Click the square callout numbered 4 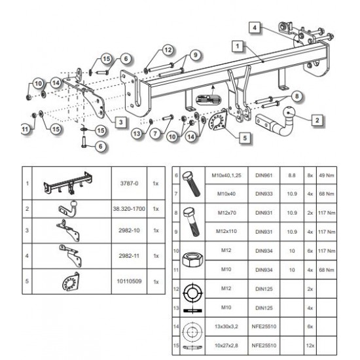[x=255, y=27]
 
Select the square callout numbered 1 [x=238, y=46]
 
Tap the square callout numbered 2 [x=317, y=120]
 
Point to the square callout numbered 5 [x=245, y=138]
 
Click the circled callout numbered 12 [x=168, y=50]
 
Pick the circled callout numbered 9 [x=196, y=55]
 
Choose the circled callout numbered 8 [x=297, y=96]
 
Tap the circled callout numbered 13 [x=137, y=134]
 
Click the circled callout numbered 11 [x=26, y=129]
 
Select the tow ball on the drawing [x=289, y=113]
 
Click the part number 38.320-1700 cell [x=129, y=209]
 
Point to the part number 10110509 [x=129, y=281]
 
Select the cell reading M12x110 [x=226, y=232]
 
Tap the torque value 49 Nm [x=327, y=175]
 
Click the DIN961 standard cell [x=264, y=175]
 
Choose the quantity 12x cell [x=310, y=346]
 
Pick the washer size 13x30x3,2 [x=226, y=327]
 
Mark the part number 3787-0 [x=129, y=183]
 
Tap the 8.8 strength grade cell [x=292, y=175]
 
